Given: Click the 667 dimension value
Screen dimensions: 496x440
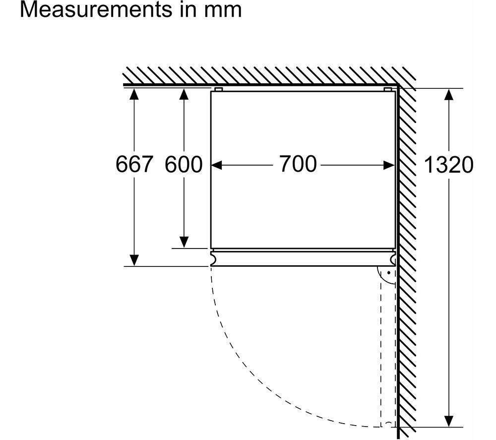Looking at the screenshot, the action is [134, 164].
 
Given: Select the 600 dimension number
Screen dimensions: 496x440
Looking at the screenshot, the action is [184, 164].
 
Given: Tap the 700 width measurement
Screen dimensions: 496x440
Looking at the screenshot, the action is [298, 164].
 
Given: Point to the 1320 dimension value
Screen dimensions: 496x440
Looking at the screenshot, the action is [448, 165].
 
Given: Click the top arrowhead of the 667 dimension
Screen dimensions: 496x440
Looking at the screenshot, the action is [134, 94].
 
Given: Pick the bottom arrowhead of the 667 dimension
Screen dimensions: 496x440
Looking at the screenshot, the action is [134, 260].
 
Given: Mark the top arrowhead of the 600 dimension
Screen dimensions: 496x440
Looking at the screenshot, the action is [184, 94].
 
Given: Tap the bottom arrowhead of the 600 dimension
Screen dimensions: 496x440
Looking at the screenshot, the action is [184, 242].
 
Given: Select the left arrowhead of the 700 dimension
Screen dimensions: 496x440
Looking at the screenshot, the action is [216, 165].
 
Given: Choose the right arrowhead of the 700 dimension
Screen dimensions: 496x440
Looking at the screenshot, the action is [389, 165].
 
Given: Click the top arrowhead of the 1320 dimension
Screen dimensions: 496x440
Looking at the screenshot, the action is [448, 94].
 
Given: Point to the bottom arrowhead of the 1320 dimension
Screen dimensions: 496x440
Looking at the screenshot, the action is [448, 421].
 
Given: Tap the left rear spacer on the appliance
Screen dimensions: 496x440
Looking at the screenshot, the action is [219, 89].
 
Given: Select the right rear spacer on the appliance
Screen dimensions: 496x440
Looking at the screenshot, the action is [388, 89].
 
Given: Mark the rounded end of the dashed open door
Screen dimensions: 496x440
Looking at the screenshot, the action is [388, 424].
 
